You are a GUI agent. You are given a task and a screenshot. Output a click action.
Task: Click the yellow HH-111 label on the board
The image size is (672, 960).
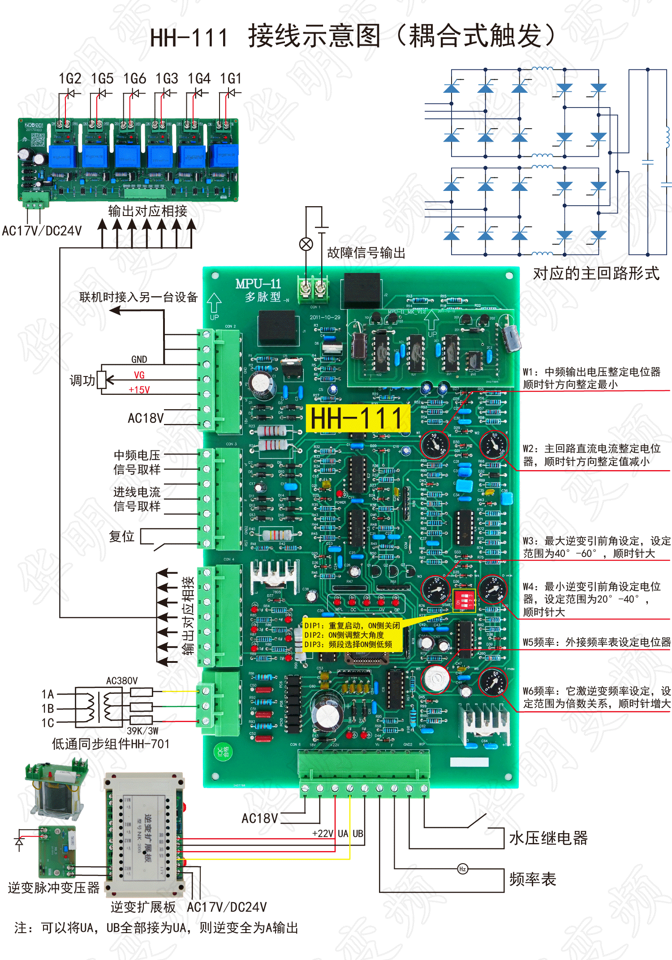[358, 419]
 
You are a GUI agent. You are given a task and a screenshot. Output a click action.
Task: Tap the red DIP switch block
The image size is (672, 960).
[464, 599]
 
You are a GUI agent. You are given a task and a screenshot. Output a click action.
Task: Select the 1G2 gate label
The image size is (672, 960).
[70, 79]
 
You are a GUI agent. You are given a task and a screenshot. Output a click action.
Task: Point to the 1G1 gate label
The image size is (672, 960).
[231, 79]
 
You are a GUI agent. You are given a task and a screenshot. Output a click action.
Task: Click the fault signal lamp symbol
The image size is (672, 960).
[306, 244]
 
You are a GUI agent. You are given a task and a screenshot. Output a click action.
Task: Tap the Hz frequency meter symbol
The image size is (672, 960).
[462, 869]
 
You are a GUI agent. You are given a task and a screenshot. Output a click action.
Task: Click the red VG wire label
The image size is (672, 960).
[139, 375]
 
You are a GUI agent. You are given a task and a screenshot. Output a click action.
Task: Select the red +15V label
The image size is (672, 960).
[139, 390]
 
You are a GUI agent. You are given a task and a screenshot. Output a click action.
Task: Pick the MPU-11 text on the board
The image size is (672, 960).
[258, 284]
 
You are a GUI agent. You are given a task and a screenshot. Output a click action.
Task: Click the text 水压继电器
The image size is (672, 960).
[548, 838]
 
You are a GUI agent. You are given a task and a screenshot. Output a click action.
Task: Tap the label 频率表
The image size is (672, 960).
[532, 879]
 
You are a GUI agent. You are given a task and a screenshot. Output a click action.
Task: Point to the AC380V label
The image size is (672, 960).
[121, 681]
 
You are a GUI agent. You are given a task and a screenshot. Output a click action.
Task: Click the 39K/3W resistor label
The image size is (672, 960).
[142, 731]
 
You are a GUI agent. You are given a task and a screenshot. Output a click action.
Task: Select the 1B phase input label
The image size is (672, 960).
[47, 709]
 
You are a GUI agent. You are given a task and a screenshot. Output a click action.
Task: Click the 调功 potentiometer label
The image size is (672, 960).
[82, 381]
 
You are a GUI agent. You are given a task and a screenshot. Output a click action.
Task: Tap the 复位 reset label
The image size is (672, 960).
[121, 536]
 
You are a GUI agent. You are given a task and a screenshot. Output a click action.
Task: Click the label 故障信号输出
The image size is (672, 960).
[366, 253]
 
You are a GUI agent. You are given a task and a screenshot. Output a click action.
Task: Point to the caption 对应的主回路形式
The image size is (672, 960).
[596, 273]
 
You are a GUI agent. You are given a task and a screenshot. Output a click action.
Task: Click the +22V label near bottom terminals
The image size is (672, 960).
[323, 834]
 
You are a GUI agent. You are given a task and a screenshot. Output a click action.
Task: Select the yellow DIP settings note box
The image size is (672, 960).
[352, 635]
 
